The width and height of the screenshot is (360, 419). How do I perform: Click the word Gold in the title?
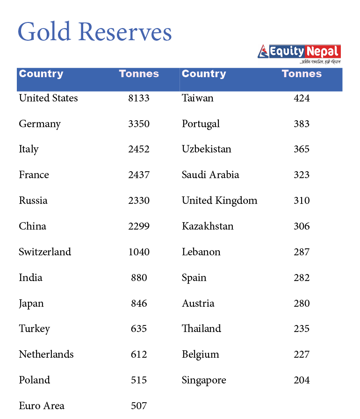point(44,32)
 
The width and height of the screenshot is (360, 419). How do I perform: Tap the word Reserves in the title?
point(125,32)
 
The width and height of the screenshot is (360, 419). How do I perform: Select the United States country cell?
point(48,98)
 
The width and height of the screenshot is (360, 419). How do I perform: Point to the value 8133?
point(139,98)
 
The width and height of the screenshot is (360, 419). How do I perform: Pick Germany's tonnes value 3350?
point(139,124)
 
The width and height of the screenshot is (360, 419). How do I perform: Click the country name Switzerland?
point(45,252)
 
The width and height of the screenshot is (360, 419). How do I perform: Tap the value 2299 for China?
point(139,226)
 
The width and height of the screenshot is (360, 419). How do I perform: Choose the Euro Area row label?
point(42,406)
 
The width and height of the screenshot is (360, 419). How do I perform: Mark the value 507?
point(139,406)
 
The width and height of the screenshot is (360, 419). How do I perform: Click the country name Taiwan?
point(197,98)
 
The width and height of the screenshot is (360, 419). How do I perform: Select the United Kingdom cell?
point(219,201)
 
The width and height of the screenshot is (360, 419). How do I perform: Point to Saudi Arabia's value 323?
point(302,175)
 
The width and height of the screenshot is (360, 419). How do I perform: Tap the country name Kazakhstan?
point(208,226)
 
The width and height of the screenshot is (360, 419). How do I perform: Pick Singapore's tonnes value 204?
point(302,380)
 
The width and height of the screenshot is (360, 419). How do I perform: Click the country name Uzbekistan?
point(206,149)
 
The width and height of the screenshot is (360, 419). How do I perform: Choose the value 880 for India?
point(139,278)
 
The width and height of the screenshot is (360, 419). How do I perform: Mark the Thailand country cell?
point(201,329)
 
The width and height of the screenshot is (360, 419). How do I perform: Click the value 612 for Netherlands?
point(139,354)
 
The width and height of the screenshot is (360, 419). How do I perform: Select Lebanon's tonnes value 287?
point(302,252)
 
